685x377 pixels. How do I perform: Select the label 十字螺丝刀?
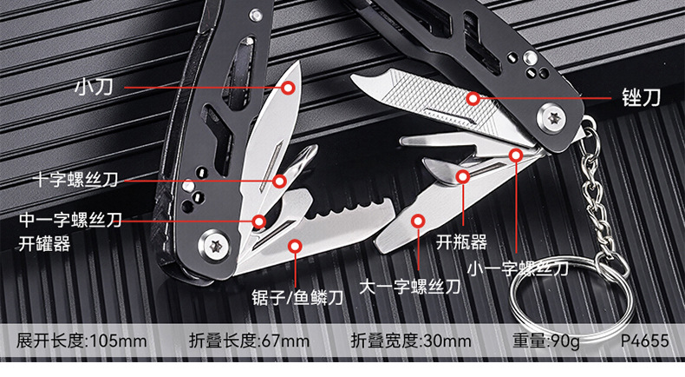pyautogui.click(x=75, y=181)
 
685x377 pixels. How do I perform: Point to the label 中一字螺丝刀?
pyautogui.click(x=71, y=221)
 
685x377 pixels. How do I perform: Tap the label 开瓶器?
pyautogui.click(x=460, y=242)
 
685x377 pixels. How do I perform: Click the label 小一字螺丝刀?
pyautogui.click(x=518, y=268)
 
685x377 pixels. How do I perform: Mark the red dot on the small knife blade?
pyautogui.click(x=288, y=87)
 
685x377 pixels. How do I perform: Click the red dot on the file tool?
pyautogui.click(x=472, y=98)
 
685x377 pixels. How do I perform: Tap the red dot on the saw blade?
pyautogui.click(x=295, y=247)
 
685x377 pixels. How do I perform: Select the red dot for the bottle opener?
pyautogui.click(x=463, y=176)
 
